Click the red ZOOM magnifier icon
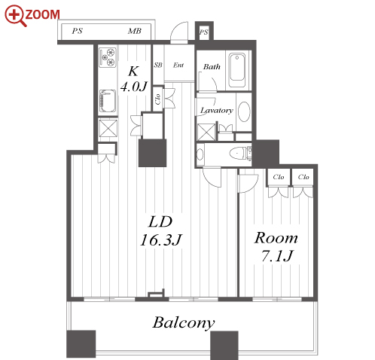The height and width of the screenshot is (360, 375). (x=16, y=16)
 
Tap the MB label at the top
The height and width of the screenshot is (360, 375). (x=135, y=31)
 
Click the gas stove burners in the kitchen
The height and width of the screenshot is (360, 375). (x=108, y=57)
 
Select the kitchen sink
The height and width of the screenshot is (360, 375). (x=108, y=101)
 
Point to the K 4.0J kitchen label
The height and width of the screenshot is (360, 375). (x=133, y=79)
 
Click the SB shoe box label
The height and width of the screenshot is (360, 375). (x=158, y=65)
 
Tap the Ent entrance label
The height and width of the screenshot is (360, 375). (x=178, y=66)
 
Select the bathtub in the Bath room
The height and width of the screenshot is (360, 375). (x=237, y=70)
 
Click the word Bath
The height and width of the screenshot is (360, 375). (x=212, y=67)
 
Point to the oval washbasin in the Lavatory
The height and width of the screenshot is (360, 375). (x=244, y=111)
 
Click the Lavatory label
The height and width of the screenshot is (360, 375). (x=216, y=110)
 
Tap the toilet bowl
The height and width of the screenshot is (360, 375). (x=237, y=154)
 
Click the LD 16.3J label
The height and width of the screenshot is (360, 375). (x=161, y=231)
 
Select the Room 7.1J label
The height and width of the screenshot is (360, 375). (x=276, y=247)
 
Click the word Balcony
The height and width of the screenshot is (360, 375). (x=184, y=322)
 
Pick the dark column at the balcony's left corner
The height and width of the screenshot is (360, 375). (x=81, y=343)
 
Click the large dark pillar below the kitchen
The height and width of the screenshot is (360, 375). (x=153, y=153)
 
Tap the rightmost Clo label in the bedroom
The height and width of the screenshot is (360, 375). (x=303, y=177)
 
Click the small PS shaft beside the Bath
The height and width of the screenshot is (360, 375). (x=204, y=32)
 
